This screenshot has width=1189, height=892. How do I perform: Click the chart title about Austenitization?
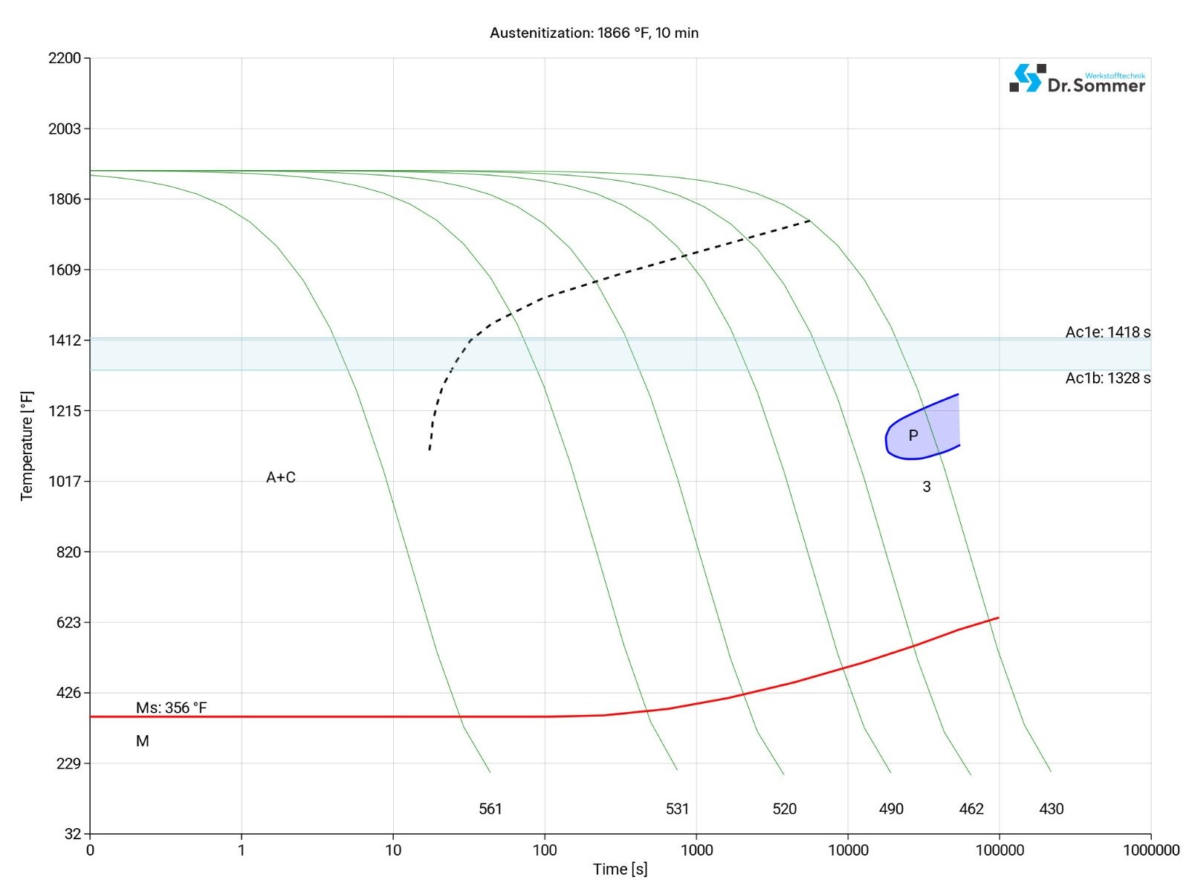pos(594,33)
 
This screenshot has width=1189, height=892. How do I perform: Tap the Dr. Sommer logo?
pos(1077,79)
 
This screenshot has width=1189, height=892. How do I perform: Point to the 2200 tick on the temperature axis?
pos(65,59)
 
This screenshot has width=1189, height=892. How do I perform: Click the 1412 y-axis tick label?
pos(65,340)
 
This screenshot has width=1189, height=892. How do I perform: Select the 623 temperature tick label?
pos(68,622)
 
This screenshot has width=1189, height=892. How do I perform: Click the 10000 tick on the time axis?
pos(848,850)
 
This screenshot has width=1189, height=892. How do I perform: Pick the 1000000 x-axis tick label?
pos(1150,850)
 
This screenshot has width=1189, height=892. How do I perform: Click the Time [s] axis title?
pos(620,869)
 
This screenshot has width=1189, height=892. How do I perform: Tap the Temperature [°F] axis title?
pos(27,446)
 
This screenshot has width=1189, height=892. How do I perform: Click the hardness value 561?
pos(490,809)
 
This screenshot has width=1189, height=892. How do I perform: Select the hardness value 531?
pos(677,809)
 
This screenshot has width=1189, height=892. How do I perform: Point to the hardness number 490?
pos(891,809)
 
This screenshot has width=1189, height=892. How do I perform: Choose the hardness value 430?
pos(1051,809)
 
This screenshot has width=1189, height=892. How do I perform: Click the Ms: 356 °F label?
pos(171,708)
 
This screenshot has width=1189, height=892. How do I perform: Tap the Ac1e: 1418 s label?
pos(1107,332)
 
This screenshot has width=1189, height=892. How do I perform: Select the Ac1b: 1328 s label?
pos(1107,378)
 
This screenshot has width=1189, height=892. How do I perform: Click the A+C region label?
pos(281,477)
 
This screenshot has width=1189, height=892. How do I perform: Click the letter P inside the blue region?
pos(913,436)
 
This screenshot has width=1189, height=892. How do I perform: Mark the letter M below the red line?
pos(143,741)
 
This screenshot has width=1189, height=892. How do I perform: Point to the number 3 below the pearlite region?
pos(926,487)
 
